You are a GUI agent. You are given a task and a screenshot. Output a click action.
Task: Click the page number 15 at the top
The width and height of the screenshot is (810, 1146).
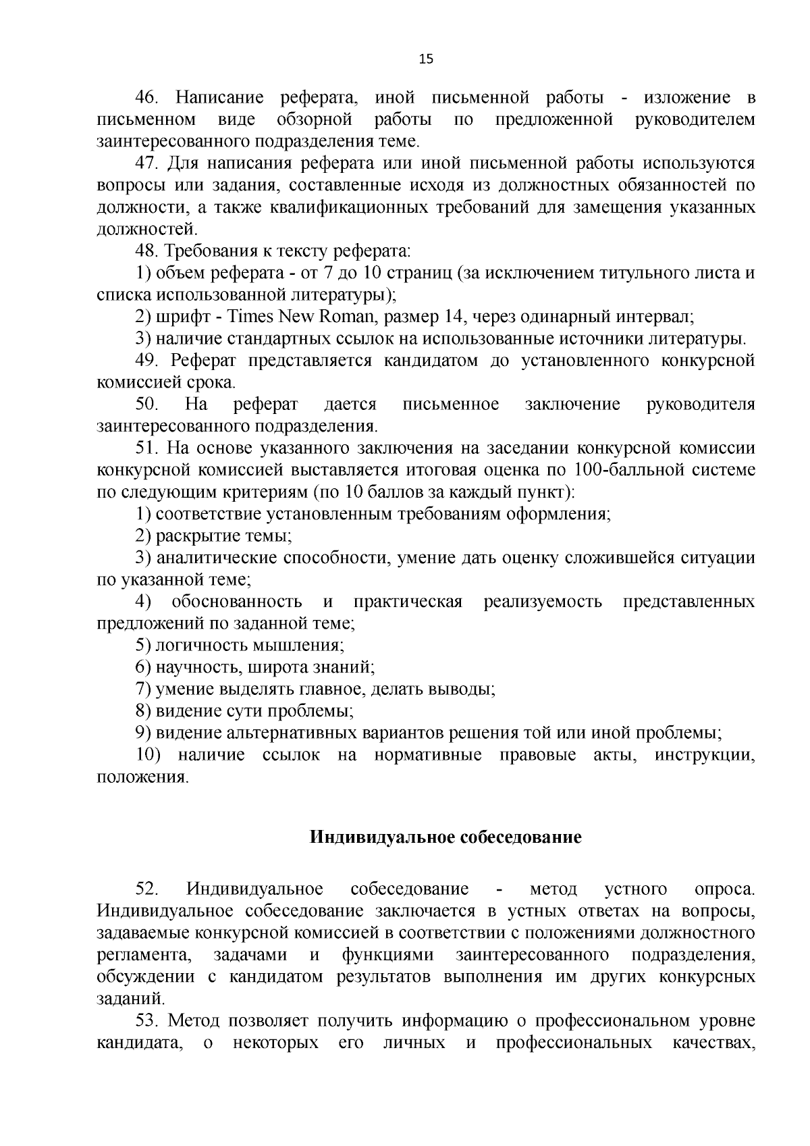pyautogui.click(x=426, y=59)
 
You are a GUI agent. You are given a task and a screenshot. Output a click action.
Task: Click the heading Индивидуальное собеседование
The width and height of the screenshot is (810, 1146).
pyautogui.click(x=446, y=838)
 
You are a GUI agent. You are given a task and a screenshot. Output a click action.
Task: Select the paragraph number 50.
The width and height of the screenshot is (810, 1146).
pyautogui.click(x=146, y=405)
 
